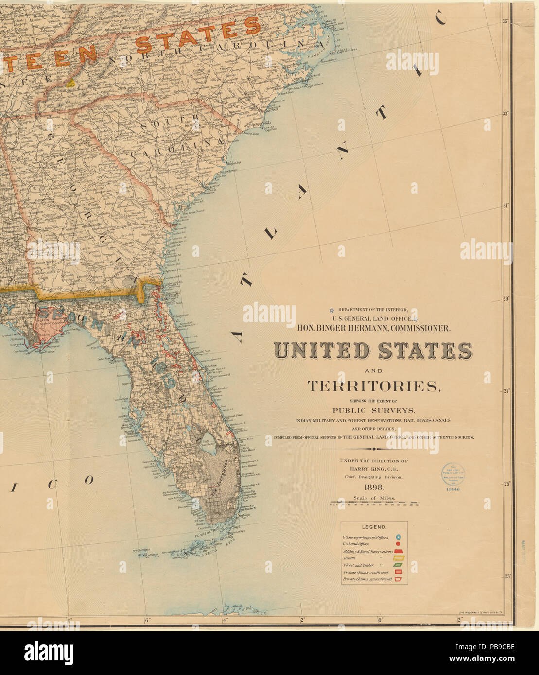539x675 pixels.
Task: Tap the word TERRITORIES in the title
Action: pyautogui.click(x=373, y=386)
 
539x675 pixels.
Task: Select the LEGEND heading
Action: pyautogui.click(x=374, y=527)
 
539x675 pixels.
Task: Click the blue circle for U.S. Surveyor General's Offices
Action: pyautogui.click(x=398, y=537)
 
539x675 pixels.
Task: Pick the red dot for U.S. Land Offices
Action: pyautogui.click(x=398, y=544)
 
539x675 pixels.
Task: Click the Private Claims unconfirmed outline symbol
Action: pyautogui.click(x=398, y=579)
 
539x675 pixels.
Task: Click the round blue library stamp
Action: pyautogui.click(x=452, y=473)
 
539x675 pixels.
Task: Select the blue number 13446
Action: pyautogui.click(x=452, y=489)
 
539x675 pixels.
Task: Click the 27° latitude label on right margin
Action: pyautogui.click(x=505, y=390)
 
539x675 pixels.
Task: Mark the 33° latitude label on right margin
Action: pyautogui.click(x=505, y=114)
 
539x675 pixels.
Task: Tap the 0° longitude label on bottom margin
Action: pyautogui.click(x=381, y=620)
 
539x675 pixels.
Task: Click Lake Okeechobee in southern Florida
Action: pyautogui.click(x=210, y=444)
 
